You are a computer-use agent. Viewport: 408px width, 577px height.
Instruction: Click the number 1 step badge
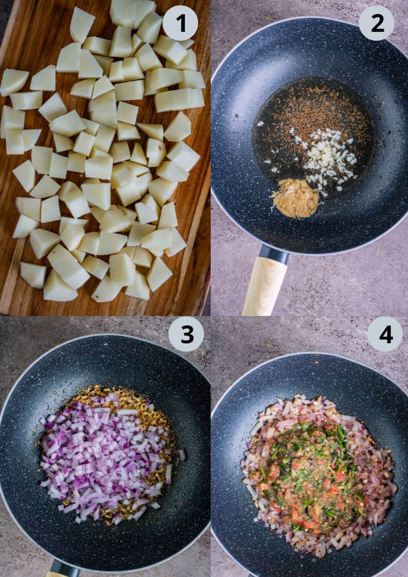tap(180, 23)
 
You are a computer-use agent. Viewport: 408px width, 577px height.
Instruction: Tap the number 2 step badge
tap(376, 23)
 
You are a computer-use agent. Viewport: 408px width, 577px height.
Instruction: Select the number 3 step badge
tap(186, 334)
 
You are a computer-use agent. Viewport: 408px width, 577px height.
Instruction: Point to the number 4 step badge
tap(385, 334)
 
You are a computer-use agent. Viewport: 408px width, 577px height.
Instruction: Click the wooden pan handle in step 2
tap(264, 286)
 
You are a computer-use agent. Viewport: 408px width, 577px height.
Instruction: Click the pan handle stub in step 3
tap(65, 569)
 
